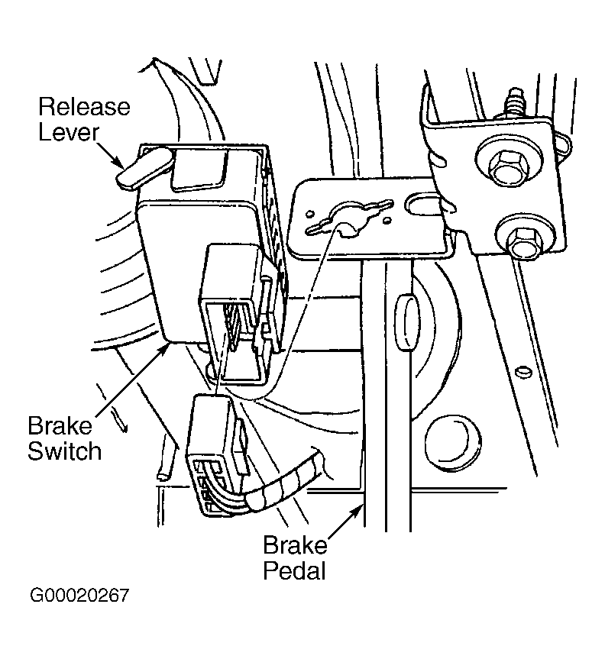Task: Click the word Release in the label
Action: click(x=84, y=107)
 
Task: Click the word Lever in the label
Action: click(x=69, y=132)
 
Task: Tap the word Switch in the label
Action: click(x=65, y=451)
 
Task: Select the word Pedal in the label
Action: click(x=294, y=570)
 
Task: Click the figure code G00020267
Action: click(x=79, y=595)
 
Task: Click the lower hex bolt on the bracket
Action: click(x=523, y=240)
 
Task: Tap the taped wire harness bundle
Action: click(x=285, y=481)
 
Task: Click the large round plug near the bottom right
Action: click(x=452, y=444)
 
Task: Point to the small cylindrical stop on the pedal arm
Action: click(x=406, y=321)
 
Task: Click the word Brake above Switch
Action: click(x=60, y=425)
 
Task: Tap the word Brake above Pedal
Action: click(x=295, y=545)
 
